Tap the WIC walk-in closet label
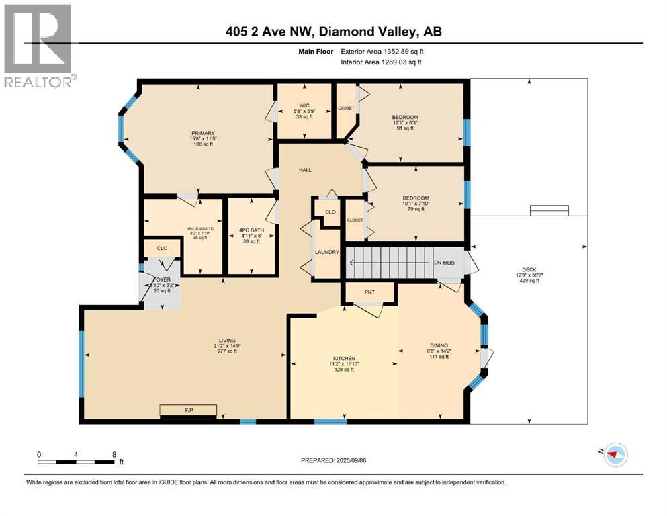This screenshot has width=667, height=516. point(303,105)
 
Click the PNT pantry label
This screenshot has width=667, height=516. point(369,292)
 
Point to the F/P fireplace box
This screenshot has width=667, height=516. point(187,409)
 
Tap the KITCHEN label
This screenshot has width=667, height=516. point(343,358)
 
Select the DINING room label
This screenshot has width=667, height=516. point(439,345)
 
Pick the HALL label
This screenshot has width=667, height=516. point(306,170)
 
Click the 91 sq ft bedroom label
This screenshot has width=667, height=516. point(405,118)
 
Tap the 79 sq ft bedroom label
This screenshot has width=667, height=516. point(415,198)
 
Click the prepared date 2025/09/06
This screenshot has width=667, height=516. point(333,460)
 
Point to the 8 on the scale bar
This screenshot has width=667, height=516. point(114,454)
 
